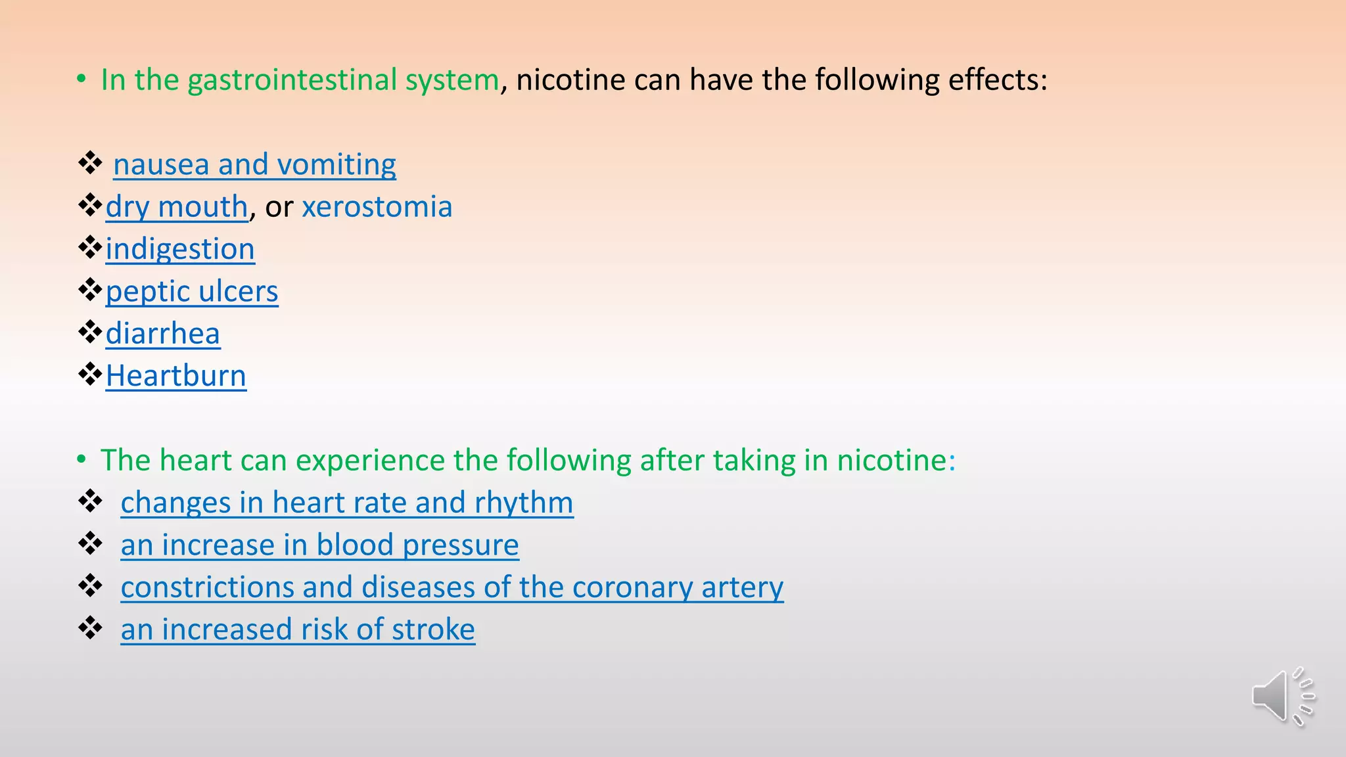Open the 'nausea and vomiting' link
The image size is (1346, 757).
click(254, 164)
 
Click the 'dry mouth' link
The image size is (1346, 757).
click(176, 207)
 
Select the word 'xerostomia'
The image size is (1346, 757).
click(377, 207)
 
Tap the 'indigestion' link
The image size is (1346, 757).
click(180, 249)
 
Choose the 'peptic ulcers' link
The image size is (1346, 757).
click(192, 291)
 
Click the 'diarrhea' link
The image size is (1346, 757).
click(162, 333)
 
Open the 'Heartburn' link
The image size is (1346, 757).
click(175, 376)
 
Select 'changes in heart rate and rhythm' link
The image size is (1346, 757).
click(346, 503)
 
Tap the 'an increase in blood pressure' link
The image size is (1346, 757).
click(319, 545)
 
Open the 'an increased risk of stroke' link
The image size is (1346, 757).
click(298, 630)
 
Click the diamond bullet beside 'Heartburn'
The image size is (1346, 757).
click(90, 375)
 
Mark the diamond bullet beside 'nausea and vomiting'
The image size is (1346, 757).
click(90, 162)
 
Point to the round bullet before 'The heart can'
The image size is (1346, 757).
click(81, 460)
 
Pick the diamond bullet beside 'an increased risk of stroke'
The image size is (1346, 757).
click(90, 628)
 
